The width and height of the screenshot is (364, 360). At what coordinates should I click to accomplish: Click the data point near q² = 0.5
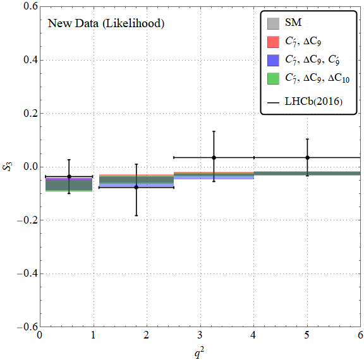tap(69, 176)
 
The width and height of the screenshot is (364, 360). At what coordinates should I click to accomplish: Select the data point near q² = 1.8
tap(136, 188)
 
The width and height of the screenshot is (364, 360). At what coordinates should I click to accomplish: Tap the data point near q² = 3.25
tap(214, 158)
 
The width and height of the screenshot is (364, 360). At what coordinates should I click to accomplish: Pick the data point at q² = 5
tap(307, 158)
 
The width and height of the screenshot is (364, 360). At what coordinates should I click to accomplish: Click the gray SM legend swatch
tap(273, 24)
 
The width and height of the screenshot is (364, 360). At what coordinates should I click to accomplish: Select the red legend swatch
tap(273, 42)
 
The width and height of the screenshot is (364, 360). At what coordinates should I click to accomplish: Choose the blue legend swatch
tap(273, 60)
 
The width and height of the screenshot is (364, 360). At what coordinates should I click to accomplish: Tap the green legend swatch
tap(273, 79)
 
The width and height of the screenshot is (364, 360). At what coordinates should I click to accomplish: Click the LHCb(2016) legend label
tap(313, 102)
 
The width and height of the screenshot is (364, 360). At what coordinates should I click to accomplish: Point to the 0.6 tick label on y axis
tap(30, 6)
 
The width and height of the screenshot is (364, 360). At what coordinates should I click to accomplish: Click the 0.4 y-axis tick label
tap(30, 60)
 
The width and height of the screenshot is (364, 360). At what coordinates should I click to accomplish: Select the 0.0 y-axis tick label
tap(30, 167)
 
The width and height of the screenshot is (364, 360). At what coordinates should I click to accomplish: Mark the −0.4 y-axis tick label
tap(27, 273)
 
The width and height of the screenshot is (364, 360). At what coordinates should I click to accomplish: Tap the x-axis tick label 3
tap(200, 335)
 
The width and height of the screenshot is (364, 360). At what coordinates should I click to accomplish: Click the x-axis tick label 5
tap(307, 335)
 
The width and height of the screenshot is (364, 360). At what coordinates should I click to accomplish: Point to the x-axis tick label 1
tap(93, 335)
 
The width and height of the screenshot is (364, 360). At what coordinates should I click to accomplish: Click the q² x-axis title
tap(200, 352)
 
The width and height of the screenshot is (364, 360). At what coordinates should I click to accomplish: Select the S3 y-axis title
tap(8, 167)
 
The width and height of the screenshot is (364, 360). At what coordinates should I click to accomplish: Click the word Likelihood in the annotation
tap(133, 23)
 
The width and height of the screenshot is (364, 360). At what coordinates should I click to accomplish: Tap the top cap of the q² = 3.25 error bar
tap(214, 131)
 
